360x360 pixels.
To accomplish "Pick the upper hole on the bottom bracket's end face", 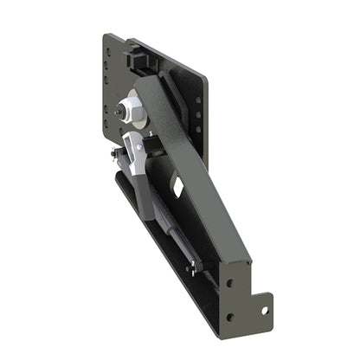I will coord(229,282).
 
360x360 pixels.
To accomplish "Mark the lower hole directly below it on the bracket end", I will coord(229,316).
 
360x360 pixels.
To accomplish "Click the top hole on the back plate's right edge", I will coord(199,100).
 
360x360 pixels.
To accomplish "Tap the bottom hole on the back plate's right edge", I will coord(199,131).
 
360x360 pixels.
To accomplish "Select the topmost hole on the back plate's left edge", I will coord(108,50).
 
